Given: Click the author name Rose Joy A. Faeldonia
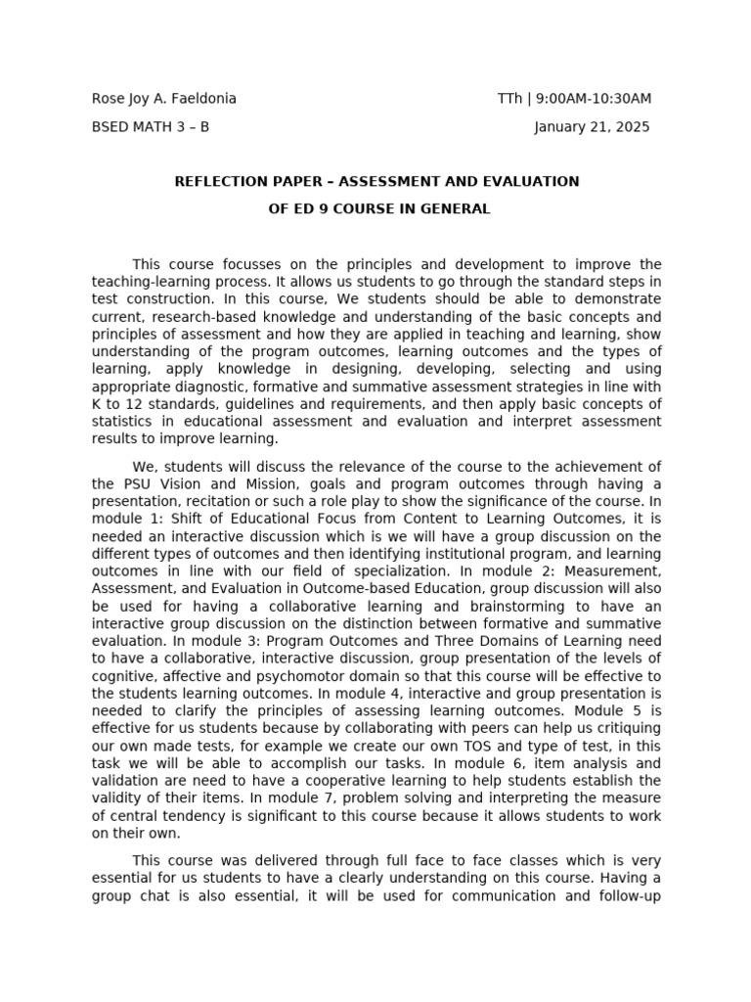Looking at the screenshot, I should [164, 99].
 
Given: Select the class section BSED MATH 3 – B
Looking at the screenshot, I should [150, 127].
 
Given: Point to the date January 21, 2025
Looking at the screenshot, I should [592, 127].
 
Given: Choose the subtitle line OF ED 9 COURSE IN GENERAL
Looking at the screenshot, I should [379, 208].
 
